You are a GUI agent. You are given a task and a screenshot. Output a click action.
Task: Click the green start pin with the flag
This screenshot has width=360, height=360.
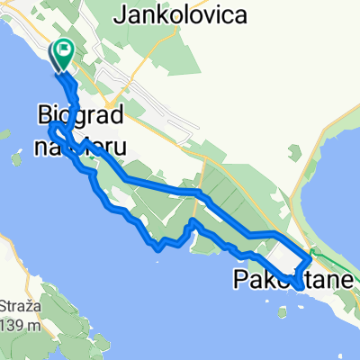(x=65, y=54)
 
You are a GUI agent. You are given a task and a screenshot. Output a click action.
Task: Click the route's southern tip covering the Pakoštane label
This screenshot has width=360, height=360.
(x=296, y=285)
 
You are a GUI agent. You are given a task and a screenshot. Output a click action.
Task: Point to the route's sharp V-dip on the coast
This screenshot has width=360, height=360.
(x=157, y=244)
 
